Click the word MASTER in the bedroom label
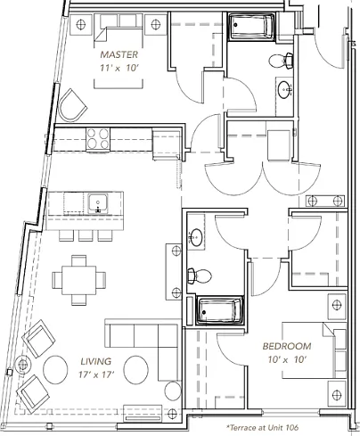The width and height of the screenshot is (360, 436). pyautogui.click(x=119, y=54)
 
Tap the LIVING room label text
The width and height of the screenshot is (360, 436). pyautogui.click(x=96, y=361)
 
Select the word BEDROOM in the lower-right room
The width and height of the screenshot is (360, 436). pyautogui.click(x=287, y=346)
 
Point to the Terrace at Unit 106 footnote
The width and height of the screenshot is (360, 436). pyautogui.click(x=263, y=428)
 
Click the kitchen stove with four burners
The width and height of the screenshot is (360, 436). pyautogui.click(x=98, y=139)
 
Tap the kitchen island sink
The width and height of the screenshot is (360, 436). pyautogui.click(x=98, y=203)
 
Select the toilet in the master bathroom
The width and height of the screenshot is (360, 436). pyautogui.click(x=281, y=61)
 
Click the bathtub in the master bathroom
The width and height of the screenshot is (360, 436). pyautogui.click(x=251, y=27)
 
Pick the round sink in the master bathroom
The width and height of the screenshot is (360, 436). pyautogui.click(x=285, y=88)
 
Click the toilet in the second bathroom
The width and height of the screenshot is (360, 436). pyautogui.click(x=199, y=276)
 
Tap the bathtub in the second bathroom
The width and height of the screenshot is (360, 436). pyautogui.click(x=220, y=310)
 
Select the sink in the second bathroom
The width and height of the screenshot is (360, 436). pyautogui.click(x=195, y=237)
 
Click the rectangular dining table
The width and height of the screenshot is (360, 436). pyautogui.click(x=79, y=280)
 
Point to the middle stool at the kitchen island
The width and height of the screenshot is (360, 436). pyautogui.click(x=86, y=235)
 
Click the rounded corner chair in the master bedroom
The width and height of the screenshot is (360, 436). pyautogui.click(x=72, y=105)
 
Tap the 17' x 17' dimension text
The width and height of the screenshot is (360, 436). pyautogui.click(x=96, y=374)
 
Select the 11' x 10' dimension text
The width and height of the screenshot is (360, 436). pyautogui.click(x=119, y=68)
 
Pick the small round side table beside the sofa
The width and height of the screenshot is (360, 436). pyautogui.click(x=173, y=391)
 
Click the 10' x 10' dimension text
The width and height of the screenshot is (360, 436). pyautogui.click(x=287, y=359)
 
